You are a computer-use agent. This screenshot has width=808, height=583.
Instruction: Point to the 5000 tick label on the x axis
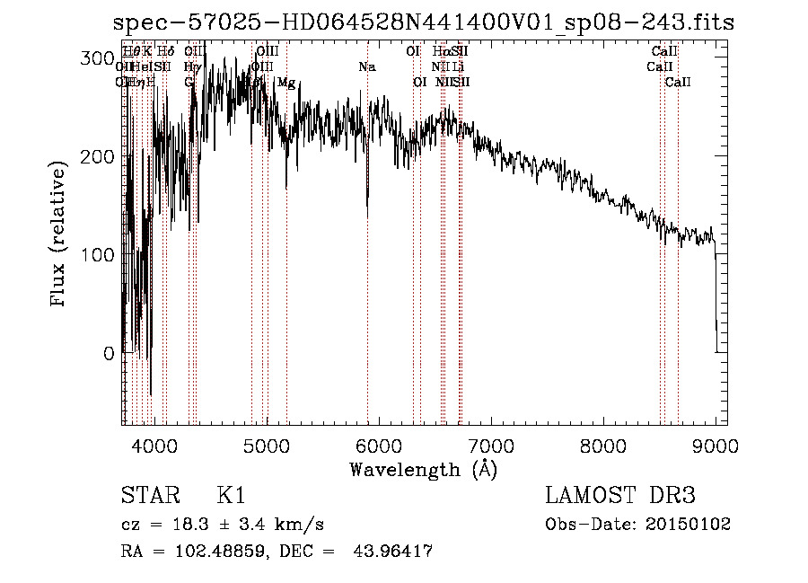tap(266, 446)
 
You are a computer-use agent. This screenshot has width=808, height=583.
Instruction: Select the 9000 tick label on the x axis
tap(716, 446)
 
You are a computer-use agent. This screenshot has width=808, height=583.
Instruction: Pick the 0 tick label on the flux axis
tap(108, 353)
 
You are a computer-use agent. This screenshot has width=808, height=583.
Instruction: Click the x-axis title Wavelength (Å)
tap(423, 469)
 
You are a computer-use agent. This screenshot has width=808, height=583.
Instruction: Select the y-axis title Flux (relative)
tap(60, 235)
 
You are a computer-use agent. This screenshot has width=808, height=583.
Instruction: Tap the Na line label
tap(366, 67)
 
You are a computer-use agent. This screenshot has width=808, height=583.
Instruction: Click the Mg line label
tap(286, 83)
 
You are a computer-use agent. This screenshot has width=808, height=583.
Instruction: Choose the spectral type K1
tap(231, 496)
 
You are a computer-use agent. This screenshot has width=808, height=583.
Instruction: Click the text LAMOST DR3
tap(620, 496)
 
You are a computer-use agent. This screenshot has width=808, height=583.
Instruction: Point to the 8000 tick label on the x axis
tap(602, 446)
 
